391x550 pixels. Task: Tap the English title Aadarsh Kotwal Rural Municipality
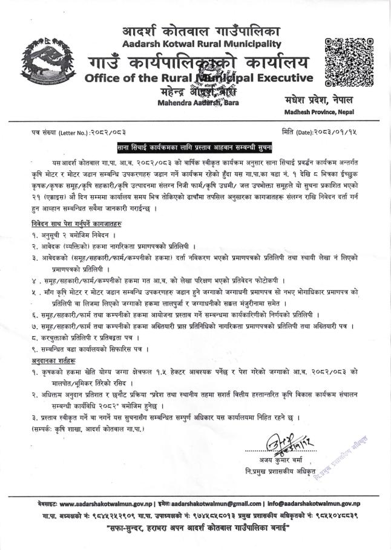coord(202,44)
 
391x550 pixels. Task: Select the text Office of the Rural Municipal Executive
coord(199,77)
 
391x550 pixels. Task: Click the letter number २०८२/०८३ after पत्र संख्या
coord(107,131)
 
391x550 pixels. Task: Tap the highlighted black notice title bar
coord(194,147)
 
